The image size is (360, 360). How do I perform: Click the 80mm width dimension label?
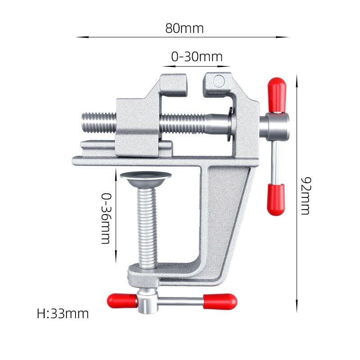pyautogui.click(x=184, y=28)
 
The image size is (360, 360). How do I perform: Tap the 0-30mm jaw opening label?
pyautogui.click(x=197, y=57)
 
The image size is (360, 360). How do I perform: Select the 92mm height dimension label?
pyautogui.click(x=306, y=196)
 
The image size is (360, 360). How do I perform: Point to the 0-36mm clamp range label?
pyautogui.click(x=106, y=218)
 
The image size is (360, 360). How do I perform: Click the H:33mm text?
pyautogui.click(x=63, y=314)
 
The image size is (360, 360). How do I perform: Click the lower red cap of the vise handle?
pyautogui.click(x=276, y=199)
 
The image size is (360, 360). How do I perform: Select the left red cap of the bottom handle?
pyautogui.click(x=122, y=301)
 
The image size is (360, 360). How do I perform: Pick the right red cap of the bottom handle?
pyautogui.click(x=220, y=301)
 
